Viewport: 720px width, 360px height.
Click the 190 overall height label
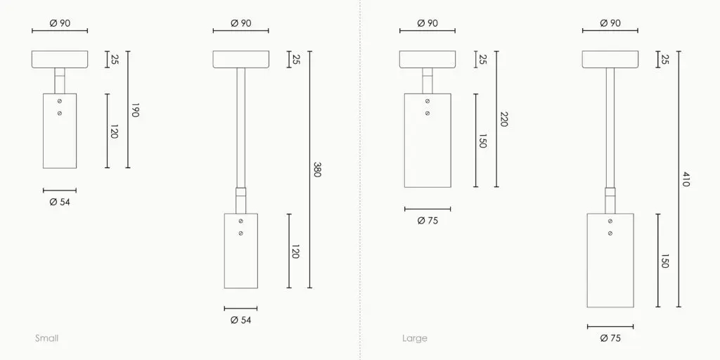coord(135,110)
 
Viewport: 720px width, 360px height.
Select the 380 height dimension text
coord(316,169)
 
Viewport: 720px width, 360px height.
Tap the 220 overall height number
coord(503,119)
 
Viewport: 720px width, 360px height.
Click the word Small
coord(47,338)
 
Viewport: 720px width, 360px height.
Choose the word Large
coord(415,338)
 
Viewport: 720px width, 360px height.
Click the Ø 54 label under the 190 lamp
coord(60,202)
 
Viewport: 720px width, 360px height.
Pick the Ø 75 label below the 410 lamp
coord(610,338)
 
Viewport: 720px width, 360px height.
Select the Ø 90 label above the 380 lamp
coord(240,23)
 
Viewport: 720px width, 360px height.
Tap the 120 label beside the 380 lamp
coord(295,251)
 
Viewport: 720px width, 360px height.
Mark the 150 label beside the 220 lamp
coord(482,141)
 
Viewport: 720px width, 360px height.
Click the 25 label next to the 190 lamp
coord(114,60)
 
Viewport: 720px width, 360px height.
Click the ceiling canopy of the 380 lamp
coord(241,60)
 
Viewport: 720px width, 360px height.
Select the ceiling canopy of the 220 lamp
coord(427,60)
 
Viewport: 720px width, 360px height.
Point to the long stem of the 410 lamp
coord(610,127)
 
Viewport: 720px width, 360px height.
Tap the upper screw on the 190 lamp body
coord(60,103)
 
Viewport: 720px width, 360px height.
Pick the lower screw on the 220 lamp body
coord(427,112)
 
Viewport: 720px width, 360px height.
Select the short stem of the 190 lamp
coord(60,80)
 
